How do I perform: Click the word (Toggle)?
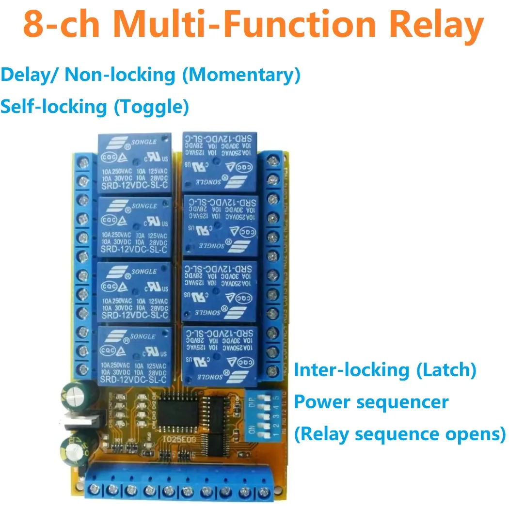click(x=151, y=106)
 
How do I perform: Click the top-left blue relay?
click(x=135, y=163)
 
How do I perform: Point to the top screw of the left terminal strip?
click(x=87, y=160)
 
